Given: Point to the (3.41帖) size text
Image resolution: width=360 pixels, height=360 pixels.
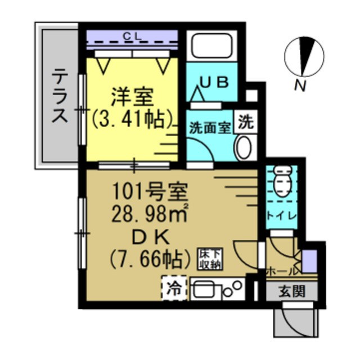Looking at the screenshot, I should click(132, 119).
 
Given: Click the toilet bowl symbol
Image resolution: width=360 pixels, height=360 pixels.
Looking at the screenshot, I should click(280, 182).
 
